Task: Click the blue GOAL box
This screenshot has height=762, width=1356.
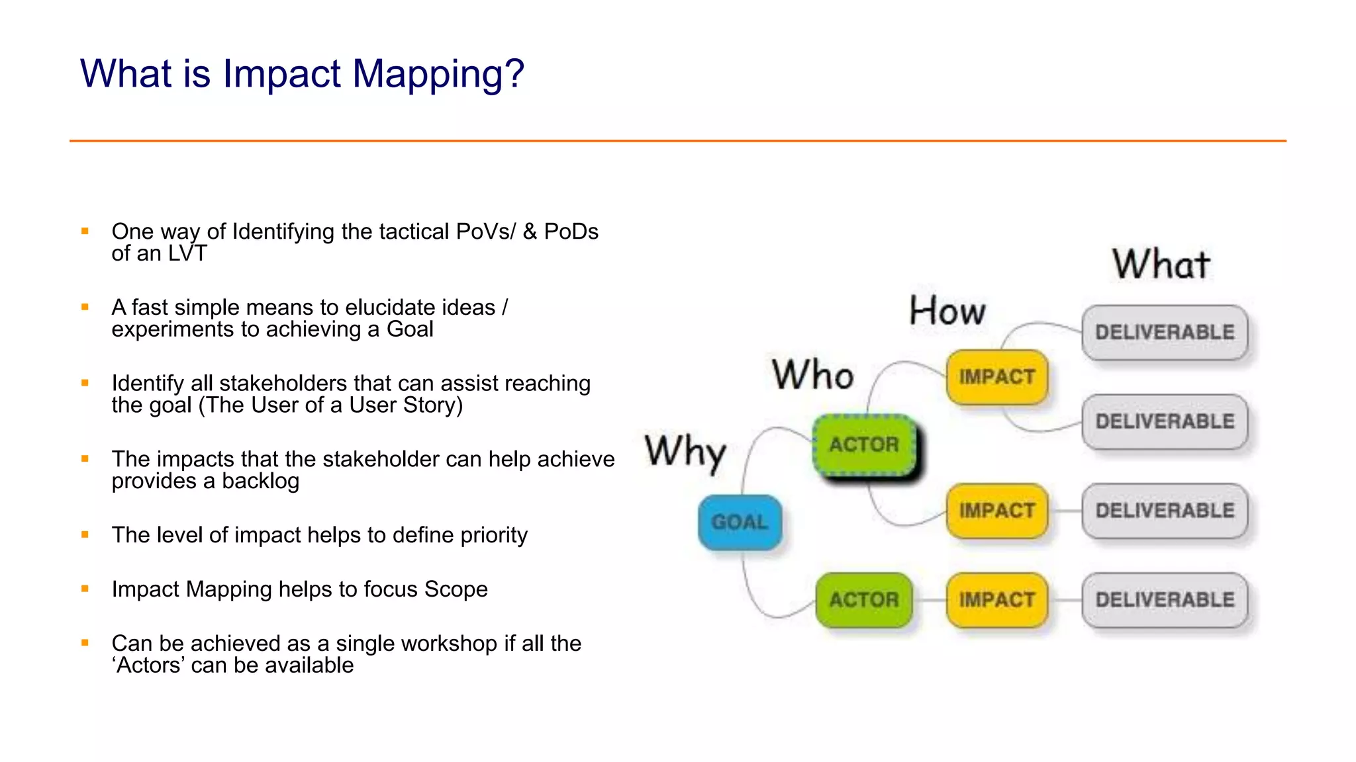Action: (740, 522)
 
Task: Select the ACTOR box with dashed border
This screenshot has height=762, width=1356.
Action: (864, 444)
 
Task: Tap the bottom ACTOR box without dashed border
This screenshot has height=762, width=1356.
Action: (864, 600)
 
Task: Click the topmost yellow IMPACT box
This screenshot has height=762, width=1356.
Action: (996, 377)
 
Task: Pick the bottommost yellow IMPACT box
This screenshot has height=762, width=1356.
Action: (996, 600)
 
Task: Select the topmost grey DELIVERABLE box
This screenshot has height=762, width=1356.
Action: (1165, 332)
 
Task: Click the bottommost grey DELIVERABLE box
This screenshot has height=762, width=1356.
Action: (1165, 600)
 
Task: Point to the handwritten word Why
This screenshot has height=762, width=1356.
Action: (685, 453)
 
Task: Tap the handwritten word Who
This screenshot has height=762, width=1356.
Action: (812, 374)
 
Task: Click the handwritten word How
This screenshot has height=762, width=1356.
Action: (947, 311)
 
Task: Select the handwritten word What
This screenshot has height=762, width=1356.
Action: (1161, 265)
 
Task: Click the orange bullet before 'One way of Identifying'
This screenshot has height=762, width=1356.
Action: (85, 231)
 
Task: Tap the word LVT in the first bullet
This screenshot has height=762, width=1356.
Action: (187, 253)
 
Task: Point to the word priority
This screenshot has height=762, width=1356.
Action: (493, 535)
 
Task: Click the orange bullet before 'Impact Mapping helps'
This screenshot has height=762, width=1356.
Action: (85, 589)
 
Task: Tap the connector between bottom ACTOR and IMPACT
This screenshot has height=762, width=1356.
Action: (930, 600)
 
